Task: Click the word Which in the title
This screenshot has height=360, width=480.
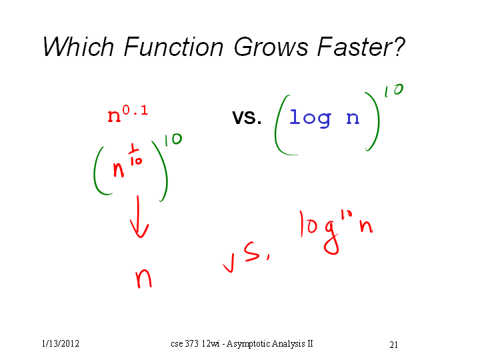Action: click(79, 47)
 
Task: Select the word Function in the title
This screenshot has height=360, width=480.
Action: click(173, 47)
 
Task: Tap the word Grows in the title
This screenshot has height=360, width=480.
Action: click(271, 47)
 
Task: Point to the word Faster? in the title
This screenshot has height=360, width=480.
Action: click(361, 47)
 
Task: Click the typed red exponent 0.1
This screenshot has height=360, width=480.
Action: click(135, 110)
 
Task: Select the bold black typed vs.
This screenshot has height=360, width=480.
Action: click(247, 117)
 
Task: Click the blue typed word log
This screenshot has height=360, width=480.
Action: click(310, 118)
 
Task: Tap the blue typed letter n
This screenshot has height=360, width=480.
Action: click(353, 118)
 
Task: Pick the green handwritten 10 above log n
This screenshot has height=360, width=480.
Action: click(394, 90)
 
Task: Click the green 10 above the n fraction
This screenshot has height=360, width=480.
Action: click(173, 139)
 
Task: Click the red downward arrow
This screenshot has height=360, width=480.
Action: click(139, 217)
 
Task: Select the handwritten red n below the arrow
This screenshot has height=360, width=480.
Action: click(143, 279)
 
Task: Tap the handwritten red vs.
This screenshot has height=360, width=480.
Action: click(247, 256)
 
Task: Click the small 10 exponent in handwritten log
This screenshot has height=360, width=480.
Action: click(347, 215)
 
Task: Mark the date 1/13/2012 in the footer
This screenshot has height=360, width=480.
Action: click(60, 344)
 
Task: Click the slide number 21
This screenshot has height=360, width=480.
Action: click(394, 345)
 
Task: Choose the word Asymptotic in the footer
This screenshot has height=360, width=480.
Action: click(248, 344)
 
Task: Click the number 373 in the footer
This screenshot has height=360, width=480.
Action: click(191, 343)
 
